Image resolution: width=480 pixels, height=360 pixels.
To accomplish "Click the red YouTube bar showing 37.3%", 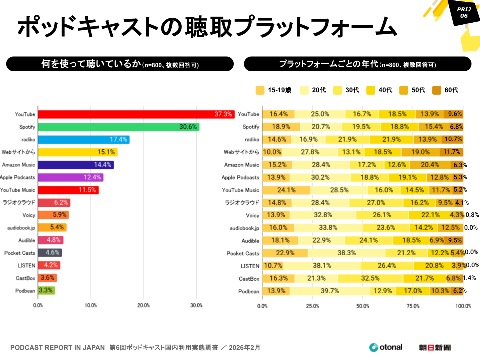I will [x=136, y=114].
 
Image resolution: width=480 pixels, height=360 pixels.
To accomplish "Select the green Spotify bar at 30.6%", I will [x=118, y=127].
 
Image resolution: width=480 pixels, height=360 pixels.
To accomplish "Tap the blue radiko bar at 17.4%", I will [x=84, y=139].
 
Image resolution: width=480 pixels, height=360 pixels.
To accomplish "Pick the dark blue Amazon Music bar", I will [x=76, y=165].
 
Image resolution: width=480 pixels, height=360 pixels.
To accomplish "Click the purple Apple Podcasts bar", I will [x=70, y=177].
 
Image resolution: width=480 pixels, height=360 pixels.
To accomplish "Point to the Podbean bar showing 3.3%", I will [x=46, y=290].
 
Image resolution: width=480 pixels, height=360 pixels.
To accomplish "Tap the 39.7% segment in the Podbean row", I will [x=329, y=291].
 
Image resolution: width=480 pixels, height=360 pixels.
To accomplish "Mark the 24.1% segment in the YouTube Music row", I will [x=286, y=190].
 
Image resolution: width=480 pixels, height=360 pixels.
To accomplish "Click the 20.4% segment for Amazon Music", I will [x=430, y=165].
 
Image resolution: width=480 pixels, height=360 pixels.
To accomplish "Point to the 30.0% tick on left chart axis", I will [x=196, y=305].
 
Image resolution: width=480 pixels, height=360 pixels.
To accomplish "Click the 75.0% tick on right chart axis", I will [x=413, y=305].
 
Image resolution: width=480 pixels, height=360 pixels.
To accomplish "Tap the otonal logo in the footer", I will [x=386, y=347].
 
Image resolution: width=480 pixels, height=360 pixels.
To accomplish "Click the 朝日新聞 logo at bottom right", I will [x=435, y=347].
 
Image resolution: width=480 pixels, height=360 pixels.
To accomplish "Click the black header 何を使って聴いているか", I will [x=120, y=64].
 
